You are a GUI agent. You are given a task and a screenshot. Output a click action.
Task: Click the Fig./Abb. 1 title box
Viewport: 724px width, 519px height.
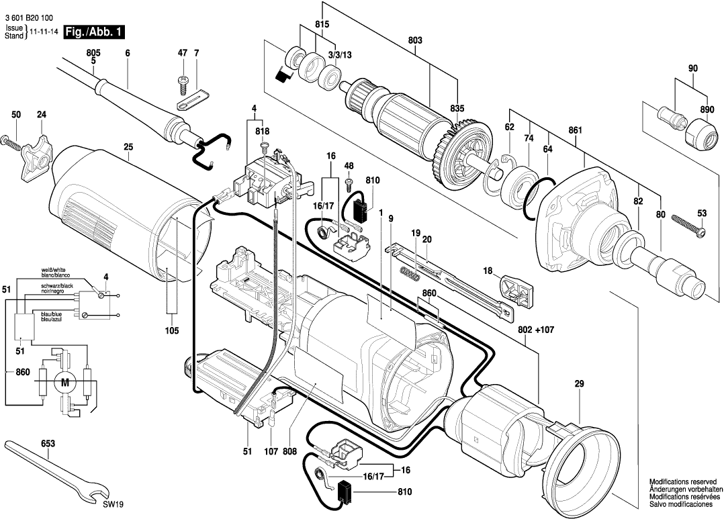point(94,32)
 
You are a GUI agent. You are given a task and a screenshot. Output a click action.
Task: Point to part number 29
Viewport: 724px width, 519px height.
point(579,384)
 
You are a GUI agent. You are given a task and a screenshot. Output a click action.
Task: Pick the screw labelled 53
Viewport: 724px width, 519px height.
point(685,226)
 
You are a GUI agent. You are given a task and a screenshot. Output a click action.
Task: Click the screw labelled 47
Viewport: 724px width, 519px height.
point(182,83)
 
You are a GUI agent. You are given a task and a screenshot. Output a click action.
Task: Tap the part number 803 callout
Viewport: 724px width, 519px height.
point(414,42)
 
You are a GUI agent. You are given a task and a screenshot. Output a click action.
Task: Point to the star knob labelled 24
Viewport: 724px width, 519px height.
point(36,154)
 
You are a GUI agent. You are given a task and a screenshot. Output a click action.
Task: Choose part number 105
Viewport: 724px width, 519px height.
point(171,330)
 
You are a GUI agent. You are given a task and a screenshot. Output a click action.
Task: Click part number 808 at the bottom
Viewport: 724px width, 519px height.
point(289,453)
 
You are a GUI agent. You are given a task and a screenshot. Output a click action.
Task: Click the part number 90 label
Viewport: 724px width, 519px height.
point(693,68)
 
